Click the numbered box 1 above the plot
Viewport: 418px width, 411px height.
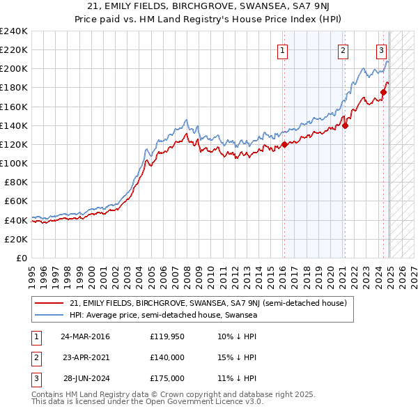pyautogui.click(x=283, y=50)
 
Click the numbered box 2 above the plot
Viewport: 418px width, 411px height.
pyautogui.click(x=343, y=50)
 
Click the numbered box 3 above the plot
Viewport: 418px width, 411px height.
pyautogui.click(x=382, y=50)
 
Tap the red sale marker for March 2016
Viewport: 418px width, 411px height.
pyautogui.click(x=284, y=145)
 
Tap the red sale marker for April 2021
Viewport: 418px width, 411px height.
pyautogui.click(x=346, y=126)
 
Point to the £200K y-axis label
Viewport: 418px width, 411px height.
pyautogui.click(x=14, y=69)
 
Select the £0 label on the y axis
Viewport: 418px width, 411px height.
pyautogui.click(x=20, y=258)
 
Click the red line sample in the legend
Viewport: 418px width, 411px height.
pyautogui.click(x=49, y=303)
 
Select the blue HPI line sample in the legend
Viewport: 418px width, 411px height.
pyautogui.click(x=49, y=315)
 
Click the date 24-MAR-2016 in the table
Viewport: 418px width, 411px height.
pyautogui.click(x=86, y=337)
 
